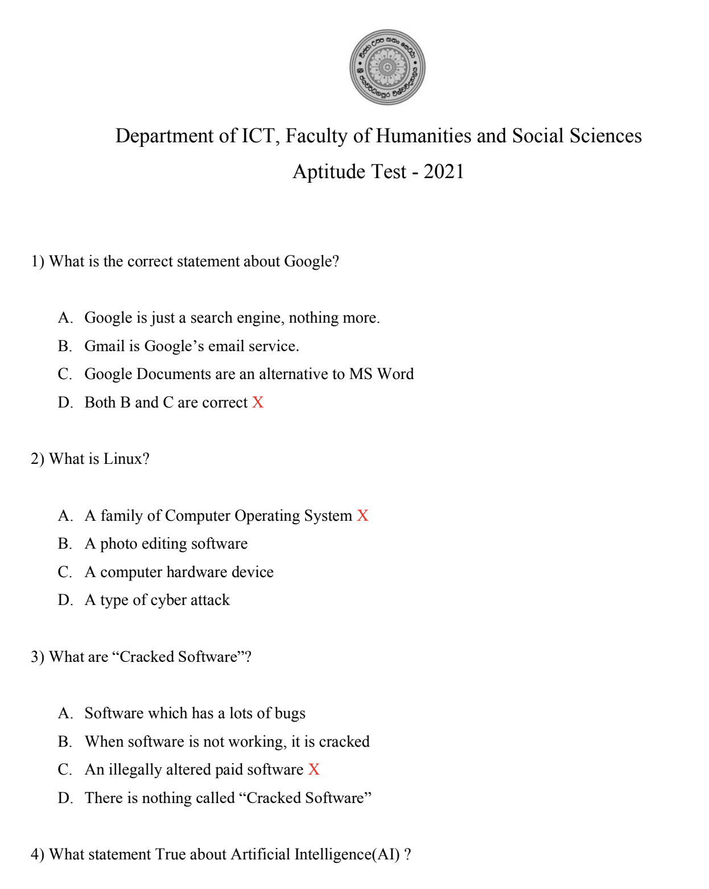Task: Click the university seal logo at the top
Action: [x=387, y=67]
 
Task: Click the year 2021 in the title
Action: [x=444, y=171]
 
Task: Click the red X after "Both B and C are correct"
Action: [x=258, y=402]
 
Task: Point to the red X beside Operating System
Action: [x=362, y=516]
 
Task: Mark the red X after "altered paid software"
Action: [x=314, y=769]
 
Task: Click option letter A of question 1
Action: [x=65, y=318]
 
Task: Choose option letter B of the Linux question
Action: [x=65, y=544]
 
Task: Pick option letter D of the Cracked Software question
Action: [x=65, y=798]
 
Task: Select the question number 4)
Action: [x=38, y=854]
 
